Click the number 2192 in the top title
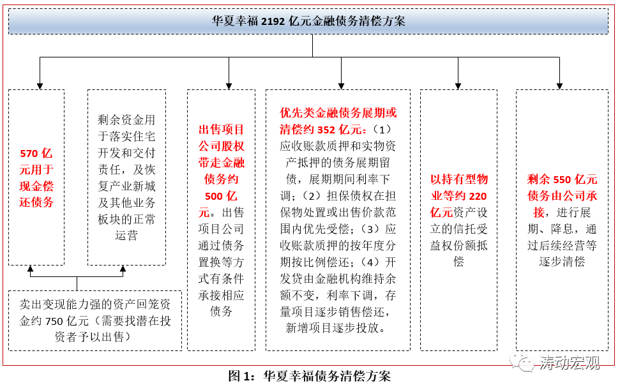[x=274, y=21]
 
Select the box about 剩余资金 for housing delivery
[x=126, y=177]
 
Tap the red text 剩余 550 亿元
[x=562, y=179]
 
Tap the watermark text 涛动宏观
[x=570, y=363]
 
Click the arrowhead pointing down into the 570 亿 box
[x=40, y=86]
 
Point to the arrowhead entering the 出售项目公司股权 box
[x=229, y=86]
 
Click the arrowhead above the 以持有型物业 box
[x=458, y=86]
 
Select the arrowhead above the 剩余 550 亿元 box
[x=559, y=86]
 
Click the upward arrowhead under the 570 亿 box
[x=29, y=269]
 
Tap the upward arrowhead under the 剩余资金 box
[x=123, y=269]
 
